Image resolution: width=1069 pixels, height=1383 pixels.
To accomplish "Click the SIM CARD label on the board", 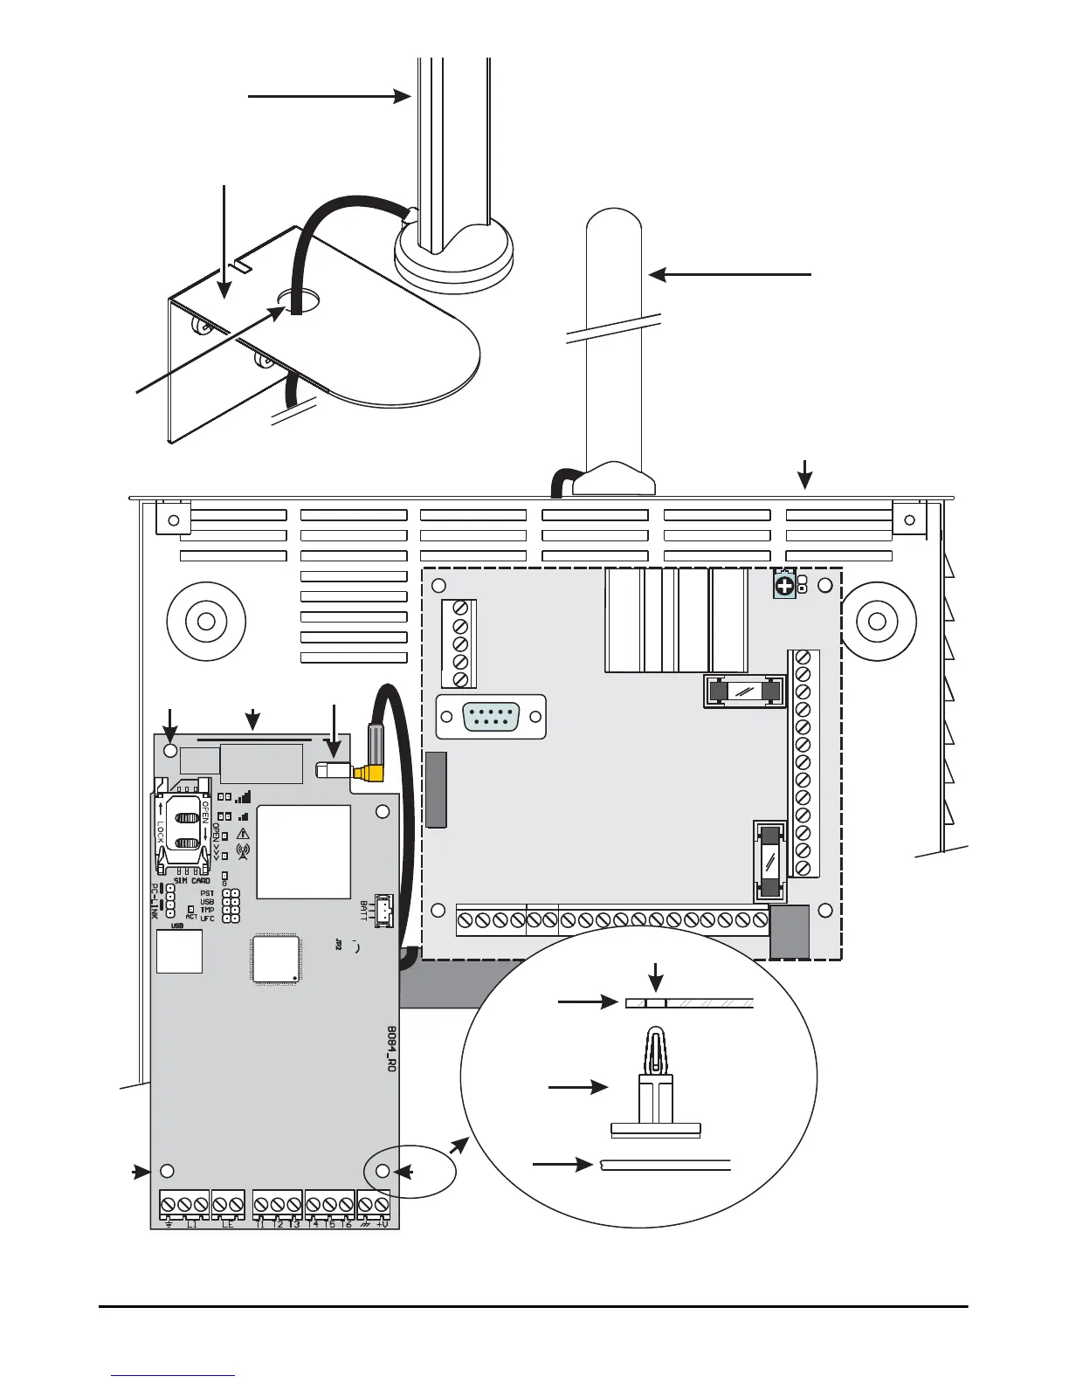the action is tap(191, 881).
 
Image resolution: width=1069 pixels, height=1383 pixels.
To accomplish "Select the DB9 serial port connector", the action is tap(492, 718).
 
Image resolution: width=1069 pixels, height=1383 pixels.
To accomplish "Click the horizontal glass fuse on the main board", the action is tap(744, 691).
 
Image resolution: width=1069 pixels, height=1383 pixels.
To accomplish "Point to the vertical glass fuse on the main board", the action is tap(770, 863).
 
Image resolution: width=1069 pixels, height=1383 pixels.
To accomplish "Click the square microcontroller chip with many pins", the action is tap(276, 959).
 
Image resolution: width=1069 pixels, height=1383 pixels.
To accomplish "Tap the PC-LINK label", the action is tap(155, 901).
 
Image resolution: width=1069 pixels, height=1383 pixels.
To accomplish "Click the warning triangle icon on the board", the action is tap(243, 833).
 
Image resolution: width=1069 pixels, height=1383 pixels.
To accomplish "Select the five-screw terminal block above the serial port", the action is tap(459, 644).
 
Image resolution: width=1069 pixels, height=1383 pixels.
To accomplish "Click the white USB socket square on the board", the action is tap(179, 952).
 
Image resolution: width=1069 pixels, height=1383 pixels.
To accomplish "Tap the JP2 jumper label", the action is tap(338, 943).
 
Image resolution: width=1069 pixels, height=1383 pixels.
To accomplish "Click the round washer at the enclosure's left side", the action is tap(205, 623).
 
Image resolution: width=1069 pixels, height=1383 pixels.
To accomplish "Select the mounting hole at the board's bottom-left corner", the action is tap(168, 1172).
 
